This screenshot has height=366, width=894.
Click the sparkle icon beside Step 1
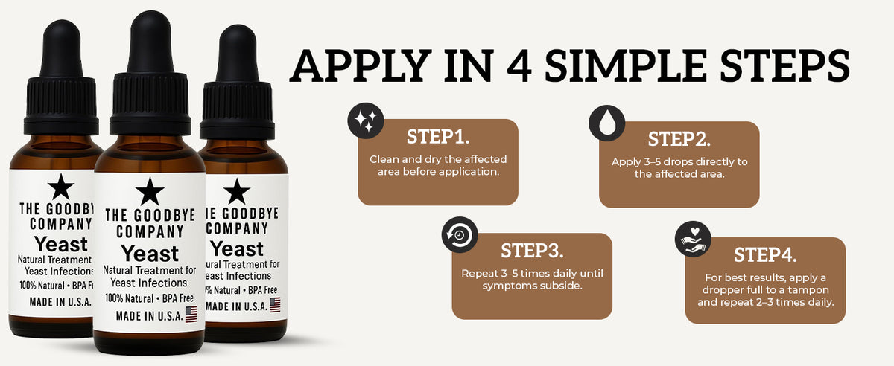366,121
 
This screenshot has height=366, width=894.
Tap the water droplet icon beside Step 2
607,123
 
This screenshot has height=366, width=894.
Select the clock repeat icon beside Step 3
460,235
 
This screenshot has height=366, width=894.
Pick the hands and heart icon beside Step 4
693,240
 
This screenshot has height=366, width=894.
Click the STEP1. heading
438,137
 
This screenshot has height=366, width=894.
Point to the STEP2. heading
679,139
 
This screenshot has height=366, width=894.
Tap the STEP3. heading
532,251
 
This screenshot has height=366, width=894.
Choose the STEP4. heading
766,255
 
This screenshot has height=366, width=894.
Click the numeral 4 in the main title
519,65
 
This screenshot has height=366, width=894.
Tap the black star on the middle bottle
150,192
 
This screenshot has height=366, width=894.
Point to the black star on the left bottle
60,187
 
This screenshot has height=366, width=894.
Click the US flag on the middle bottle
191,314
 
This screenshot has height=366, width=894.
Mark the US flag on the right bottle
275,305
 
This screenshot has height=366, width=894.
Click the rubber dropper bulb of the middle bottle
150,42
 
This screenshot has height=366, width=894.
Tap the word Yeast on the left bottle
60,244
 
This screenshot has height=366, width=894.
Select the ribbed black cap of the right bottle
238,110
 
